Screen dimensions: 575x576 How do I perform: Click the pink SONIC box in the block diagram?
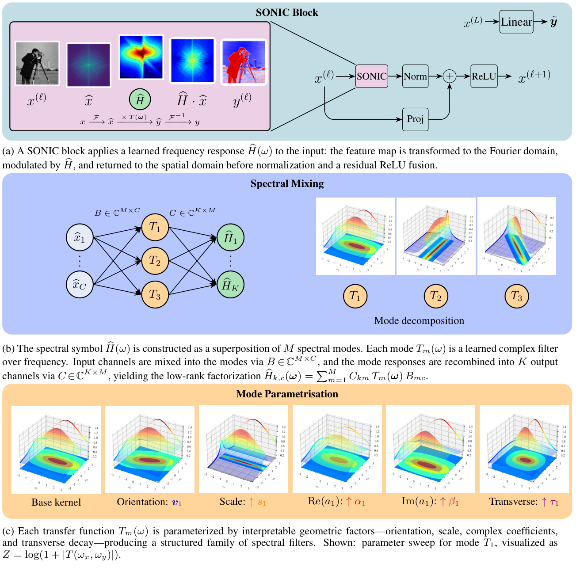pyautogui.click(x=371, y=76)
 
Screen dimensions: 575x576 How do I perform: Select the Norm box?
pyautogui.click(x=415, y=76)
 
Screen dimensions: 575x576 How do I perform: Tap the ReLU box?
pyautogui.click(x=484, y=76)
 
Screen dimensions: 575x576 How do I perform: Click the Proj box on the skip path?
pyautogui.click(x=415, y=119)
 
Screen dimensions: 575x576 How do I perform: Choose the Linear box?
pyautogui.click(x=516, y=22)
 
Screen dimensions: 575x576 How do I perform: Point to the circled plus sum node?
pyautogui.click(x=449, y=76)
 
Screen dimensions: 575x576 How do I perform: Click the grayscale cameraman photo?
pyautogui.click(x=37, y=63)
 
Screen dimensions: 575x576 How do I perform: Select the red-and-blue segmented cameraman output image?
pyautogui.click(x=244, y=62)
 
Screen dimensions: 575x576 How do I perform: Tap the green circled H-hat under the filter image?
pyautogui.click(x=140, y=100)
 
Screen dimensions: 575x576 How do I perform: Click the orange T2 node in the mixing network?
pyautogui.click(x=155, y=261)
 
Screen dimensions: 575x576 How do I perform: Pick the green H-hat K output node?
pyautogui.click(x=230, y=286)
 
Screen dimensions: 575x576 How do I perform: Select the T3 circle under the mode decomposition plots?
pyautogui.click(x=516, y=296)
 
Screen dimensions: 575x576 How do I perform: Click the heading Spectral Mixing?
pyautogui.click(x=287, y=184)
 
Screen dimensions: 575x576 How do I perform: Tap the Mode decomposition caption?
pyautogui.click(x=419, y=321)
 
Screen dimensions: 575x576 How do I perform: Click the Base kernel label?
pyautogui.click(x=56, y=502)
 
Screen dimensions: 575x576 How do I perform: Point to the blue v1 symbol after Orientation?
pyautogui.click(x=177, y=503)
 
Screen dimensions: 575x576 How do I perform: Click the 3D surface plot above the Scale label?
pyautogui.click(x=243, y=449)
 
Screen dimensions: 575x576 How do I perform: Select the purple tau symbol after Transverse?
pyautogui.click(x=554, y=503)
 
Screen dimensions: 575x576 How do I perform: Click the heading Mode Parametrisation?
pyautogui.click(x=287, y=394)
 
